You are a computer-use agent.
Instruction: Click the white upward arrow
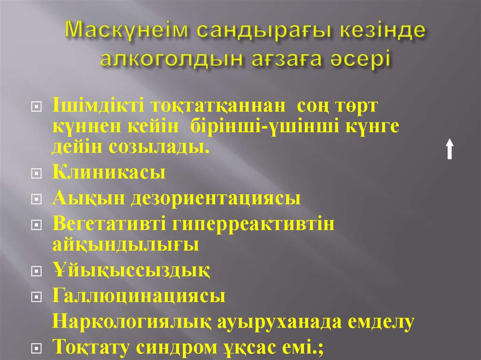click(x=450, y=149)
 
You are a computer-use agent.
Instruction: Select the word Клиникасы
click(x=109, y=173)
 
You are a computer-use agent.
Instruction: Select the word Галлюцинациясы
click(x=138, y=296)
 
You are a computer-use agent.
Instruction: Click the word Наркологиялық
click(x=134, y=322)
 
